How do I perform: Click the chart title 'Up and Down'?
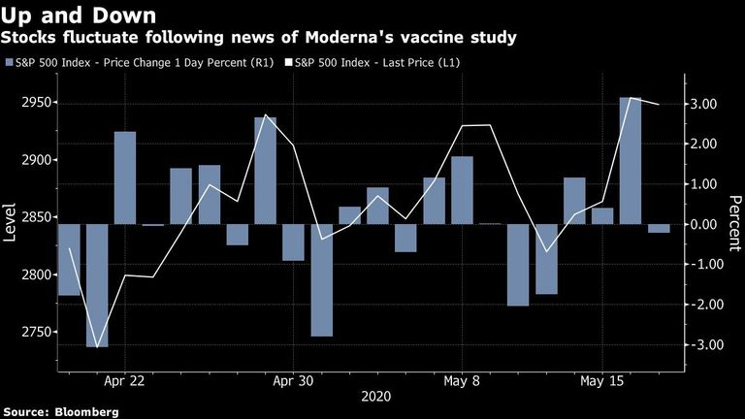pyautogui.click(x=79, y=16)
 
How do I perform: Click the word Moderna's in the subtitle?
pyautogui.click(x=349, y=37)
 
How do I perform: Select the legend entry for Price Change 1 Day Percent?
pyautogui.click(x=140, y=63)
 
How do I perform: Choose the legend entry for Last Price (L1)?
pyautogui.click(x=372, y=63)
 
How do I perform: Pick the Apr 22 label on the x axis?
pyautogui.click(x=124, y=381)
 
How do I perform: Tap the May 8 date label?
pyautogui.click(x=462, y=381)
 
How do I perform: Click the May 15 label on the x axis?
pyautogui.click(x=601, y=381)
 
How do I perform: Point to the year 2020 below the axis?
pyautogui.click(x=375, y=396)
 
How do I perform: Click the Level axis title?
pyautogui.click(x=10, y=223)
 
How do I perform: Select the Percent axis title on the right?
pyautogui.click(x=734, y=223)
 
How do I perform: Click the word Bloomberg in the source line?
pyautogui.click(x=86, y=412)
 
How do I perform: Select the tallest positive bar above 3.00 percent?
pyautogui.click(x=630, y=161)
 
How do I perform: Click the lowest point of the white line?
pyautogui.click(x=97, y=347)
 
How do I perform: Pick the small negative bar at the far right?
pyautogui.click(x=659, y=229)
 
